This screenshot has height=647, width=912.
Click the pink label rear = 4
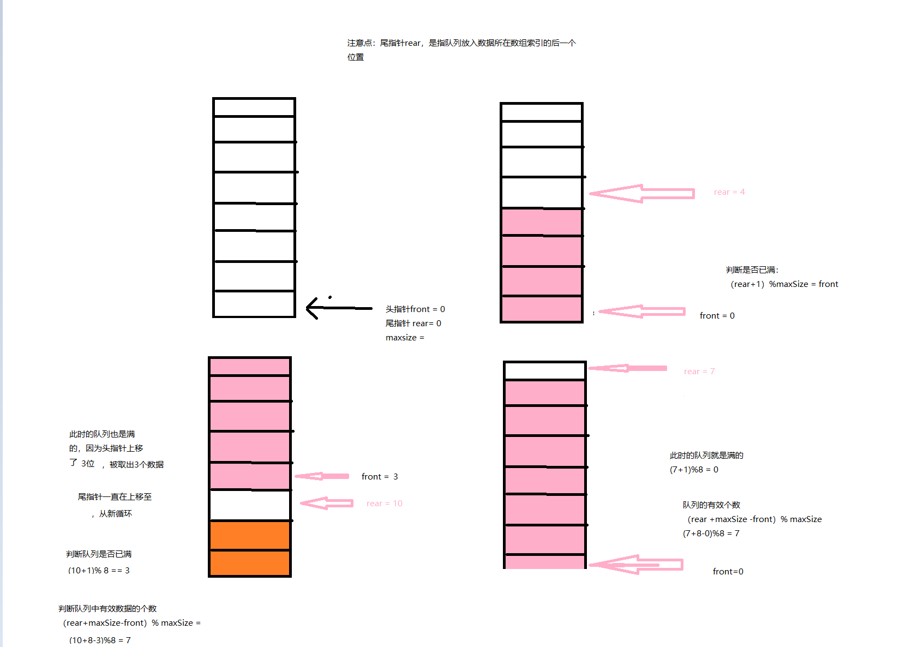click(729, 192)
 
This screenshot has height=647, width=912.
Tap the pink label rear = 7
click(699, 372)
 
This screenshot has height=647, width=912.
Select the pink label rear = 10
click(384, 504)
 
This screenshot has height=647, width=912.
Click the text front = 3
click(379, 477)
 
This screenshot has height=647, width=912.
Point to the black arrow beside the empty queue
click(338, 308)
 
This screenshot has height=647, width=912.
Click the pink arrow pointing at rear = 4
click(641, 194)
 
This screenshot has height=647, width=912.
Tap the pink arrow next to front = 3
click(322, 476)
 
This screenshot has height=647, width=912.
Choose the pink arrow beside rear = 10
click(327, 503)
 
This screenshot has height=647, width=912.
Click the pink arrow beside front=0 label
click(637, 565)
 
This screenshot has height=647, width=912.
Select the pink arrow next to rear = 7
click(627, 368)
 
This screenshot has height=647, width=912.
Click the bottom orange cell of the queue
click(250, 562)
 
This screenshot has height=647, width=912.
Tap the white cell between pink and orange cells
click(250, 505)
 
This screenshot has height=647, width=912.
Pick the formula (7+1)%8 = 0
click(694, 470)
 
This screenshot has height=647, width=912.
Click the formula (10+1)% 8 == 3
click(99, 571)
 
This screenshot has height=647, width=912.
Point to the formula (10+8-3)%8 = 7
click(100, 640)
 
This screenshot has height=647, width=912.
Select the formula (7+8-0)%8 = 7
click(711, 534)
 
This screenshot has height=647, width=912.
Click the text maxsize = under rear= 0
click(405, 338)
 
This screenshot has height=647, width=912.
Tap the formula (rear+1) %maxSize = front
click(784, 284)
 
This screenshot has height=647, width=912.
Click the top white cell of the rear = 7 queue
click(544, 371)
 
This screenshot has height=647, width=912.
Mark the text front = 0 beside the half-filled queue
click(717, 316)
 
